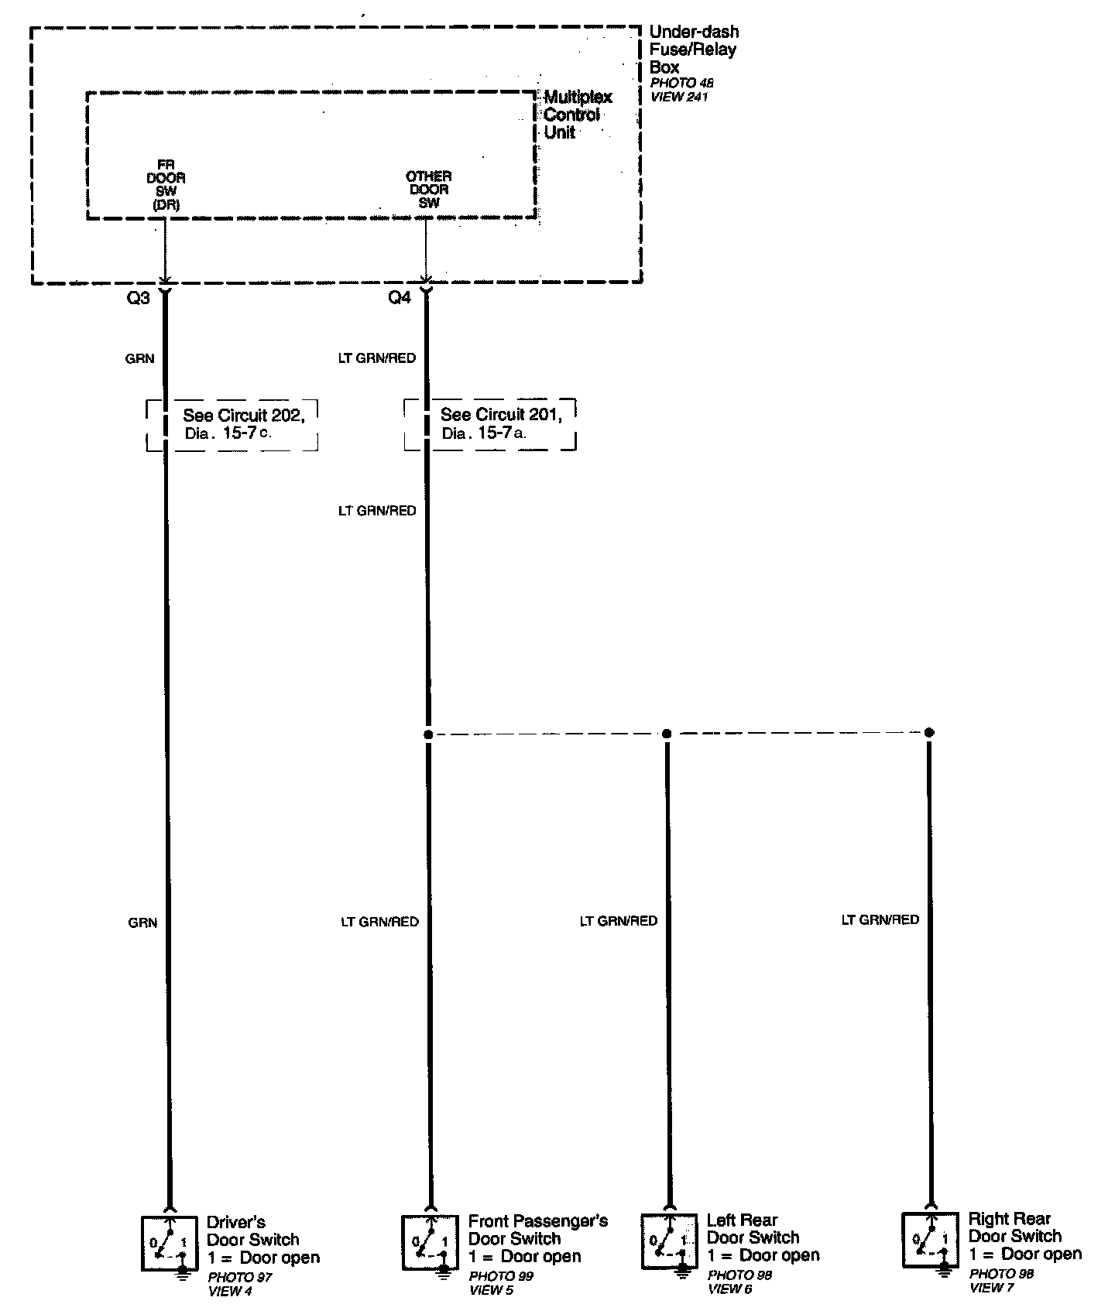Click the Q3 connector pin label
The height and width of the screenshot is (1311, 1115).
tap(138, 298)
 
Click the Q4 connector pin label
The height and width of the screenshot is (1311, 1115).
tap(400, 298)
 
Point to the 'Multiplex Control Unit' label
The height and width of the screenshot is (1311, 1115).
tap(577, 115)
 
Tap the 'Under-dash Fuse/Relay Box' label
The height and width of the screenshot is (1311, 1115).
tap(693, 50)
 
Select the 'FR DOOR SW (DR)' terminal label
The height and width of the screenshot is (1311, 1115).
tap(166, 186)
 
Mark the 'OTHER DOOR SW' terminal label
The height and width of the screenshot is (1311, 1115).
tap(428, 190)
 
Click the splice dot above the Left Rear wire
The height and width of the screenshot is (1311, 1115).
tap(667, 733)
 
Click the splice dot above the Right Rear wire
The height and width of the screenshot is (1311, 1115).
tap(929, 732)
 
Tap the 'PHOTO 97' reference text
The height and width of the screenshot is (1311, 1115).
tap(240, 1277)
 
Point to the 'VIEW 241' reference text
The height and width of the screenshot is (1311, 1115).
tap(678, 97)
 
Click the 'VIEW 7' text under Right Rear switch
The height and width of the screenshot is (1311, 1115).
tap(991, 1288)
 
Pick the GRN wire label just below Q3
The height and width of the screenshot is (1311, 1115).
tap(139, 358)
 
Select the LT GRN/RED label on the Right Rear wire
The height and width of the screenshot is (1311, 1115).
tap(880, 919)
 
